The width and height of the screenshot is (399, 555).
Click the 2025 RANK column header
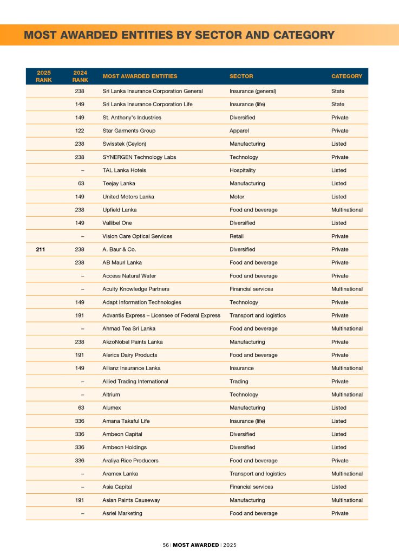pos(44,76)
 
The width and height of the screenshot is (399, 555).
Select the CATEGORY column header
pos(346,76)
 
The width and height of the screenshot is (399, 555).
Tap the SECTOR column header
pos(241,76)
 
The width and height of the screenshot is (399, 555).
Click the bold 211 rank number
pos(41,249)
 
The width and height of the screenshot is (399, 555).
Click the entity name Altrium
pos(112,395)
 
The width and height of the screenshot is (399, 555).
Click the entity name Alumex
pos(112,408)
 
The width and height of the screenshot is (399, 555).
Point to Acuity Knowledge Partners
pos(136,289)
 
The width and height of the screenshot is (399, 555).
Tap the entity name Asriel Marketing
pos(122,513)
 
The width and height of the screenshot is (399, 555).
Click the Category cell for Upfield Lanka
pos(347,210)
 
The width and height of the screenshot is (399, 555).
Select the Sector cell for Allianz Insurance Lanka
pos(241,368)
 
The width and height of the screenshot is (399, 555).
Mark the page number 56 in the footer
pos(166,545)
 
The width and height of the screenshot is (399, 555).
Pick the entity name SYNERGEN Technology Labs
pos(139,157)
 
